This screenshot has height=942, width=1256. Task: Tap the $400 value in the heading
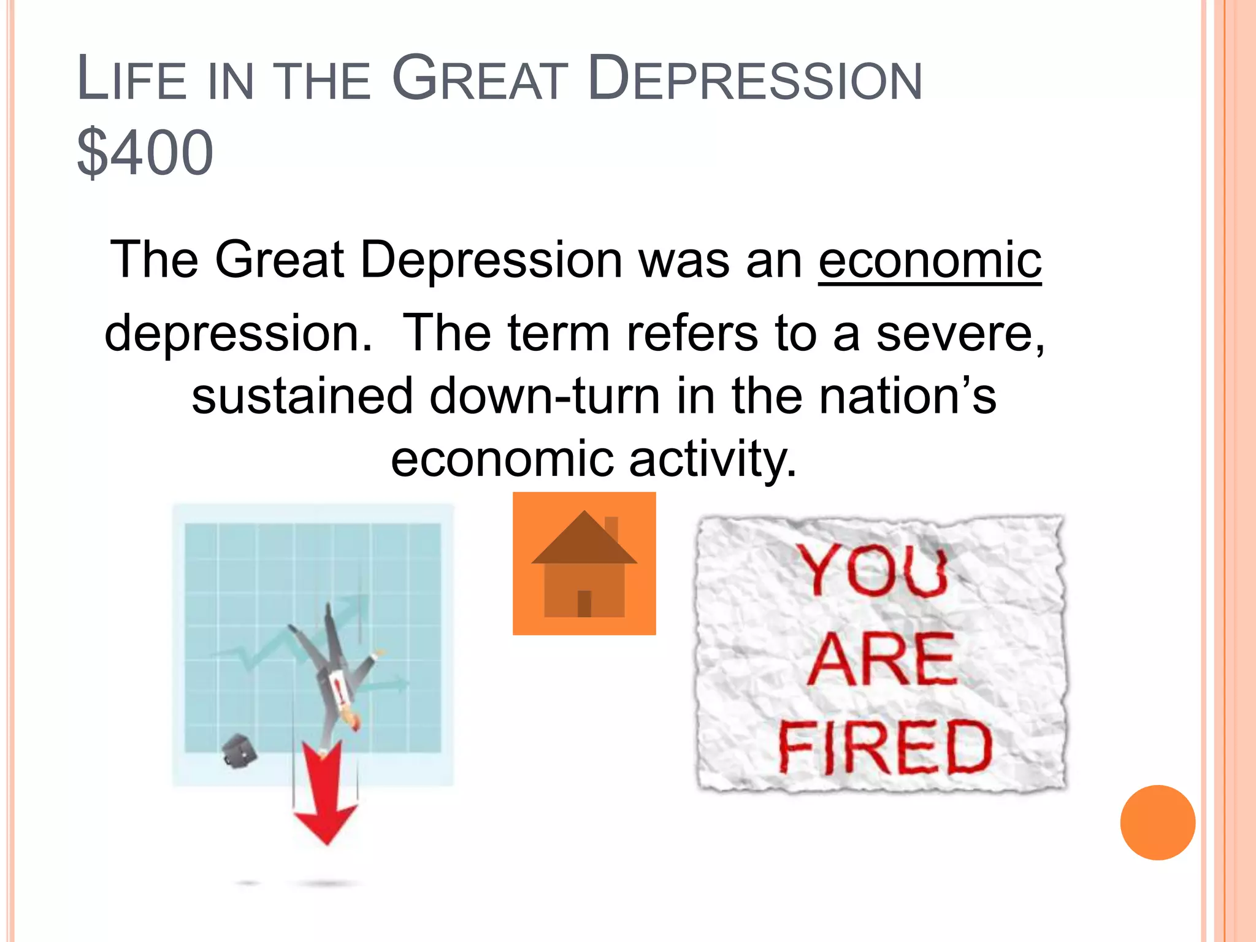pos(145,152)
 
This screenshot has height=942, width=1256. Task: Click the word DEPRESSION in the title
pos(754,79)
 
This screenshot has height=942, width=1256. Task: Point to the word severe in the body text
pos(960,333)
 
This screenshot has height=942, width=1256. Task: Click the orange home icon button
pos(584,563)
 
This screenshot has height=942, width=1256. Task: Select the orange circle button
pos(1157,822)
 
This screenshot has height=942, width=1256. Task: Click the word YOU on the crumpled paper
pos(874,570)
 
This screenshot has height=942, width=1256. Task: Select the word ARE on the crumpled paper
pos(882,659)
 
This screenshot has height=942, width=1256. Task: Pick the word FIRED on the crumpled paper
pos(885,747)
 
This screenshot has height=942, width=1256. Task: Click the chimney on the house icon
pos(611,529)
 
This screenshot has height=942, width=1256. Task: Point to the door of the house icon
pos(584,603)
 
